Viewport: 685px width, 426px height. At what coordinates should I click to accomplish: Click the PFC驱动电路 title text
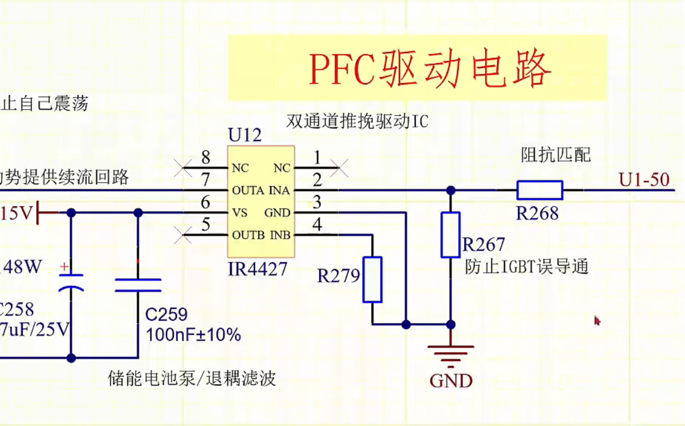pos(430,69)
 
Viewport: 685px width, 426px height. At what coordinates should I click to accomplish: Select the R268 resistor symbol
pos(539,190)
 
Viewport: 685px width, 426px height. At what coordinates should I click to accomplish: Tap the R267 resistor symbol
pos(451,235)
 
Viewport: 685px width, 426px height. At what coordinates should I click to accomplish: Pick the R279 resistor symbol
pos(372,280)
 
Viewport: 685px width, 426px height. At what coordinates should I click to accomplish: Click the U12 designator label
pos(245,135)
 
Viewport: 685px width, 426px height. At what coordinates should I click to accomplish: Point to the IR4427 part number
pos(257,269)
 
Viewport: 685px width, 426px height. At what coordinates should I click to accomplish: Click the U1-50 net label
pos(644,179)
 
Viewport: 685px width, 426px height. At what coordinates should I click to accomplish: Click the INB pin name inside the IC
pos(280,235)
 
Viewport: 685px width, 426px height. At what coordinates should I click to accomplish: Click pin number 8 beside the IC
pos(206,157)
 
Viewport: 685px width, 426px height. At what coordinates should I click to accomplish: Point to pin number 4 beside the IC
pos(317,225)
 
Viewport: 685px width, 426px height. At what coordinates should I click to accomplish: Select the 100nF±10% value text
pos(193,335)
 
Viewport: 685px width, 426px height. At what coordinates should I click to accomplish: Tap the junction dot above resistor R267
pos(451,190)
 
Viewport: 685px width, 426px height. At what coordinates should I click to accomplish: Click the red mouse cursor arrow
pos(597,320)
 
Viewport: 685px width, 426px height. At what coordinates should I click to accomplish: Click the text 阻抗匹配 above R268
pos(555,154)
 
